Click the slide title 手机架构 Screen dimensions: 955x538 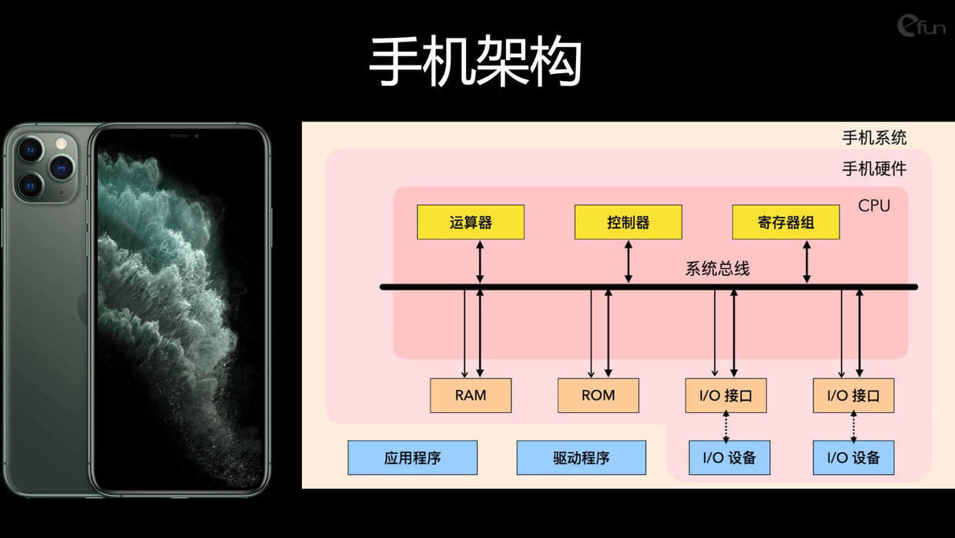475,61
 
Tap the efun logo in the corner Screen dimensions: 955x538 921,26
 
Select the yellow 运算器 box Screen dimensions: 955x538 471,222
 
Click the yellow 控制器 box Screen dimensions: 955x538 628,222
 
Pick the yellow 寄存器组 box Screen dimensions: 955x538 786,222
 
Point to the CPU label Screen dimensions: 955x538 874,206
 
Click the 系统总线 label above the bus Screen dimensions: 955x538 717,269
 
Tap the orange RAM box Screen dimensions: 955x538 471,395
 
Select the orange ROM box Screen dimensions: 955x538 598,395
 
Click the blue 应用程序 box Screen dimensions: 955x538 412,458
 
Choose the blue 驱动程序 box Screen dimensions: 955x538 581,458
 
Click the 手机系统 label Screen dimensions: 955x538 874,138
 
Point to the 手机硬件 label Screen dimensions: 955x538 874,169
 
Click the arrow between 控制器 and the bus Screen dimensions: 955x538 628,261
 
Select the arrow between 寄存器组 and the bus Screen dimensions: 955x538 806,261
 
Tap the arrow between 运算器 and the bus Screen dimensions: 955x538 480,261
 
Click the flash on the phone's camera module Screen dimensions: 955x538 62,143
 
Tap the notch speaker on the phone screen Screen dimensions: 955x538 179,136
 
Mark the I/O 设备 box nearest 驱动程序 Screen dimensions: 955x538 729,458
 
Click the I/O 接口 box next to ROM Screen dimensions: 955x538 725,395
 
